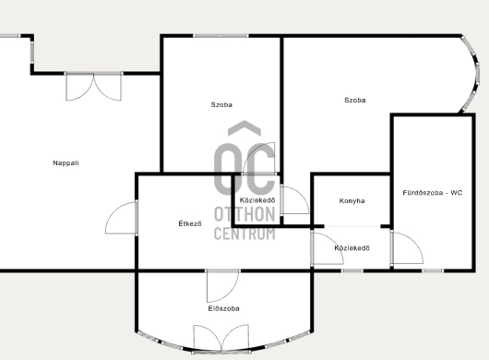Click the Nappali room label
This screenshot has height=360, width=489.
[66, 162]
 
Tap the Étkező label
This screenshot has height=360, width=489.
[190, 223]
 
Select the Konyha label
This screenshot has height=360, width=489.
[352, 201]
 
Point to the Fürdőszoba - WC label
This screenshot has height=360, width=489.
[433, 193]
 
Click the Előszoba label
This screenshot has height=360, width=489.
[224, 308]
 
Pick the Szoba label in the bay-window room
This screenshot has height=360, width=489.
[355, 100]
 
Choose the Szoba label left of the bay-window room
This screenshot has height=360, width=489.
[221, 104]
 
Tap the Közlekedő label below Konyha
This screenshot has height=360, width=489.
[352, 248]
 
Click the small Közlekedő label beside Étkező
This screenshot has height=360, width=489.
[257, 200]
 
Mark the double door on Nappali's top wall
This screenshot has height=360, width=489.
[93, 87]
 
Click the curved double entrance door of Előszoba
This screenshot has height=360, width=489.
[221, 339]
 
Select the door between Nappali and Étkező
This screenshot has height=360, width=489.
[122, 218]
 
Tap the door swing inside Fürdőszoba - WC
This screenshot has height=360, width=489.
[407, 248]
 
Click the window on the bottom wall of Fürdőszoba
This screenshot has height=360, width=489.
[433, 270]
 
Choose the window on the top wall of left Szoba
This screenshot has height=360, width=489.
[221, 36]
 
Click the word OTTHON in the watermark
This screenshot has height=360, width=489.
[244, 214]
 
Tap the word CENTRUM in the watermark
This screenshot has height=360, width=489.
[244, 234]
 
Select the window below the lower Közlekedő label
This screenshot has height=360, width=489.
[352, 270]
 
